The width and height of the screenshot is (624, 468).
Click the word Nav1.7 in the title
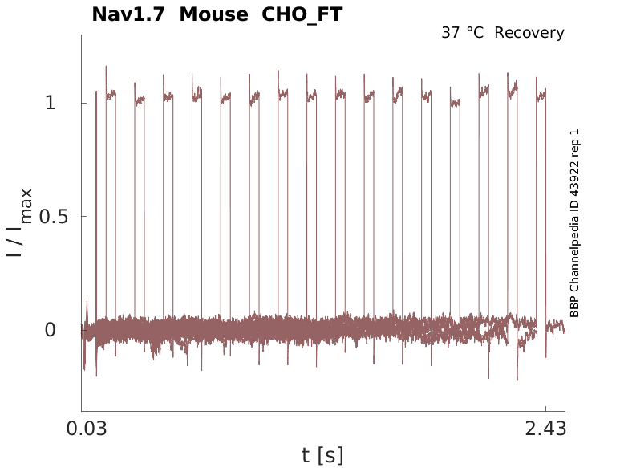(129, 14)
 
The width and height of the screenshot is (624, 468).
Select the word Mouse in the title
(213, 14)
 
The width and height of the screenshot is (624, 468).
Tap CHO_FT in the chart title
(302, 14)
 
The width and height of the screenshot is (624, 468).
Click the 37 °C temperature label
(464, 33)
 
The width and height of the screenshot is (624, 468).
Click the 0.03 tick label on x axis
(87, 429)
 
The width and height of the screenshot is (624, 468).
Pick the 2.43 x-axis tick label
(545, 429)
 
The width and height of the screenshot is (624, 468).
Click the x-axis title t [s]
(322, 455)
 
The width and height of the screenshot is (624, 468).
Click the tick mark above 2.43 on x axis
(545, 409)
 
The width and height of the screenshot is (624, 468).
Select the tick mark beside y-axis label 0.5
(83, 217)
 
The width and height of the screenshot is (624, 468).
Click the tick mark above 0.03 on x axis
(87, 409)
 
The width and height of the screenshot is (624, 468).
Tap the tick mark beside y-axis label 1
(83, 103)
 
